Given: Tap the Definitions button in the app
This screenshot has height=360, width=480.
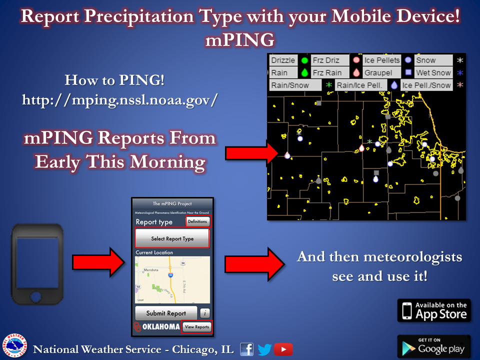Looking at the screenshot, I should point(198,221).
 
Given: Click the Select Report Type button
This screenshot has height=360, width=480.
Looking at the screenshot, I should point(172,238).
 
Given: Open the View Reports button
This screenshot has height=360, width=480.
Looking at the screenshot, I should point(196,327).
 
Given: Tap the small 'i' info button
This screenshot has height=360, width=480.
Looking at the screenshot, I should point(204,313).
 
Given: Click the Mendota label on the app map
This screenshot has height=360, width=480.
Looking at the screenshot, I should point(150,269).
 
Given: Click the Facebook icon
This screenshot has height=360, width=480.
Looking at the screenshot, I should point(247,349).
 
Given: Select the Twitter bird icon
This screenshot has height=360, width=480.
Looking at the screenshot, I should point(264,349).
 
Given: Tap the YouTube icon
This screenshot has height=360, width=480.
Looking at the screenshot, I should point(283,349).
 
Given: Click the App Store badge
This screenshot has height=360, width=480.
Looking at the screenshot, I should point(434,310).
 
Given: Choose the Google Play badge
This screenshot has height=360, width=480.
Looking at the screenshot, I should point(434,346).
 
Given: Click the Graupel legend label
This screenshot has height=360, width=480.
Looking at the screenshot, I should point(378,72).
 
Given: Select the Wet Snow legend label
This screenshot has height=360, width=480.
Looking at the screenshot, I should point(433,72).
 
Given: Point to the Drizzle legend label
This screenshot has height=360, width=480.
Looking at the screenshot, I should point(283,60).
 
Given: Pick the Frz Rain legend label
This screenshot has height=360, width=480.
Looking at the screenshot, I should point(327,72).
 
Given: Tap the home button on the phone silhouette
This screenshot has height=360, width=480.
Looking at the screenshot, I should point(36,297).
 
